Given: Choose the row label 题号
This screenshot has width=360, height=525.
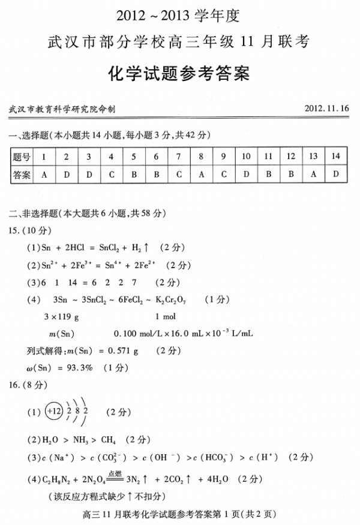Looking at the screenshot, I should [x=22, y=157].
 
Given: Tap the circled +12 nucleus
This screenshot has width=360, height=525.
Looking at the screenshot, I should [x=54, y=412].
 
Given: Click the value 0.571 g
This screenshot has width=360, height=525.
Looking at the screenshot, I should [x=123, y=350].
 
